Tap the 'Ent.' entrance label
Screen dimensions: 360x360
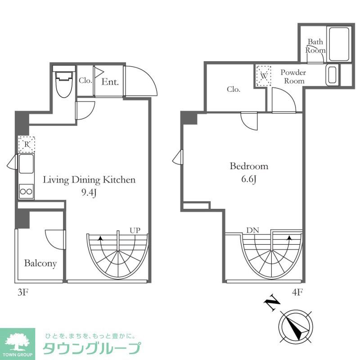[x=110, y=82]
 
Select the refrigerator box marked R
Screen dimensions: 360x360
[x=27, y=144]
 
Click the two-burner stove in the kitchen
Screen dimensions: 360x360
[x=26, y=191]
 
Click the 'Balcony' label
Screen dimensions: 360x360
[x=40, y=263]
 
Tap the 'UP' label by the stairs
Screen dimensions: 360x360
[x=135, y=230]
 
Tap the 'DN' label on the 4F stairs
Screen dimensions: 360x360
[x=252, y=230]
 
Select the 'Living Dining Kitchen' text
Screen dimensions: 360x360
[x=89, y=180]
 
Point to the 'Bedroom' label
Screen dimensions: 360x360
[x=249, y=166]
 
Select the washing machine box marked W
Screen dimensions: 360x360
[x=264, y=76]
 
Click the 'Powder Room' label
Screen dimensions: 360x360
[x=293, y=76]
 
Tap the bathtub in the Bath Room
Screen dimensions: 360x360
[x=339, y=44]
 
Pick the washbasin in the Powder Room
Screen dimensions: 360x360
[x=333, y=75]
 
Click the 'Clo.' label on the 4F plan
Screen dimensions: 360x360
[x=234, y=89]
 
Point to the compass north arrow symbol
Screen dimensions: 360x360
[x=295, y=325]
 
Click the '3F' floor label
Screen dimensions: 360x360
[x=23, y=292]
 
